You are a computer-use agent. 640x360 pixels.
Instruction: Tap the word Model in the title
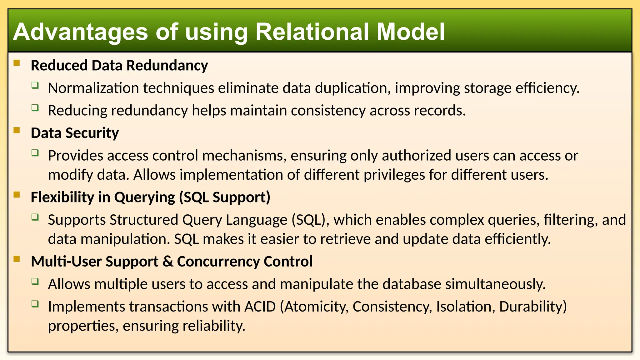coord(410,32)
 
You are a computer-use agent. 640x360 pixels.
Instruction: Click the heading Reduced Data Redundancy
coord(119,66)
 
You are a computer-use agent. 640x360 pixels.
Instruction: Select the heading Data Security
coord(75,133)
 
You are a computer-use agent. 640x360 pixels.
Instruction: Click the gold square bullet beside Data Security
coord(17,130)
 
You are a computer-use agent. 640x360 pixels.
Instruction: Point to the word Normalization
coord(93,88)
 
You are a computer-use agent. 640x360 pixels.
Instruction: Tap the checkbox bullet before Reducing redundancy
coord(35,108)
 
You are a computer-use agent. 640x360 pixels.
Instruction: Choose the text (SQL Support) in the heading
coord(225,197)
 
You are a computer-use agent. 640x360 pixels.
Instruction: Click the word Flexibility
coord(62,197)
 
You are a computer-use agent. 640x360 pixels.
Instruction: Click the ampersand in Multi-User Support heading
coord(168,262)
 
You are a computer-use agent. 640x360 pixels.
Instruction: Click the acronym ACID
coord(260,307)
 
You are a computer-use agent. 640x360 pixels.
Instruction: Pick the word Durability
coord(533,307)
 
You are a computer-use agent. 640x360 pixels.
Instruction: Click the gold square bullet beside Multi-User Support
coord(17,259)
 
